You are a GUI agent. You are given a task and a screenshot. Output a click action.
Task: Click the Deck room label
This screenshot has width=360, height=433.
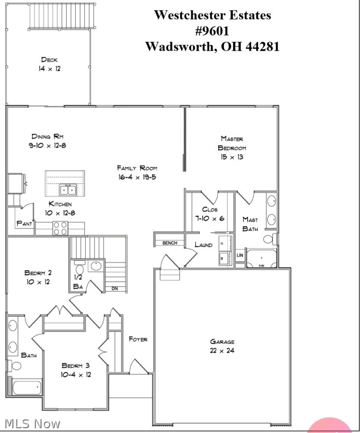tap(49, 60)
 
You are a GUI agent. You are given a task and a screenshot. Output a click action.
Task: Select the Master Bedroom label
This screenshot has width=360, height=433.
tap(232, 143)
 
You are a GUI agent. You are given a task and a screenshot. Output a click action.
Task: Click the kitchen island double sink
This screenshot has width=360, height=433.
tap(68, 190)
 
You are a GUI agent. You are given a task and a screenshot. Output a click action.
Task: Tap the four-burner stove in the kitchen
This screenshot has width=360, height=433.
tap(60, 228)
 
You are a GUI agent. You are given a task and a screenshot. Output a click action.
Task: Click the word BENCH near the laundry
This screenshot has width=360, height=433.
tap(170, 243)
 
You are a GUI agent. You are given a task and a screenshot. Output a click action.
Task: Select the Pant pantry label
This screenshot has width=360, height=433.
tap(24, 223)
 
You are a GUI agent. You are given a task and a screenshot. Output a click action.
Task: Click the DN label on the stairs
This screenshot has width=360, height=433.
tap(115, 288)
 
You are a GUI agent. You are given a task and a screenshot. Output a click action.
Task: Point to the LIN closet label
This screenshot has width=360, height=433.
tap(240, 255)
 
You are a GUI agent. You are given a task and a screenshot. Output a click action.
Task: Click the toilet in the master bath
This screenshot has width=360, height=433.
tap(269, 239)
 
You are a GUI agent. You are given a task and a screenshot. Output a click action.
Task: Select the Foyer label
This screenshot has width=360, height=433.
tap(138, 339)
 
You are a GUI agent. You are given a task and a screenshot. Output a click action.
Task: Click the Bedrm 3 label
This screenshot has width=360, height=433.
tap(76, 365)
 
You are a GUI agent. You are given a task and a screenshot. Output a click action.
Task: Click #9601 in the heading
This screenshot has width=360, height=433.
tap(212, 31)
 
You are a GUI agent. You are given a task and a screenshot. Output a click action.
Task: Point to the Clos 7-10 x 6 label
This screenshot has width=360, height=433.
tap(210, 214)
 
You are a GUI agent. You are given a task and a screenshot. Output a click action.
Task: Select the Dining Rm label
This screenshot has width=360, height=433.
tap(47, 136)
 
